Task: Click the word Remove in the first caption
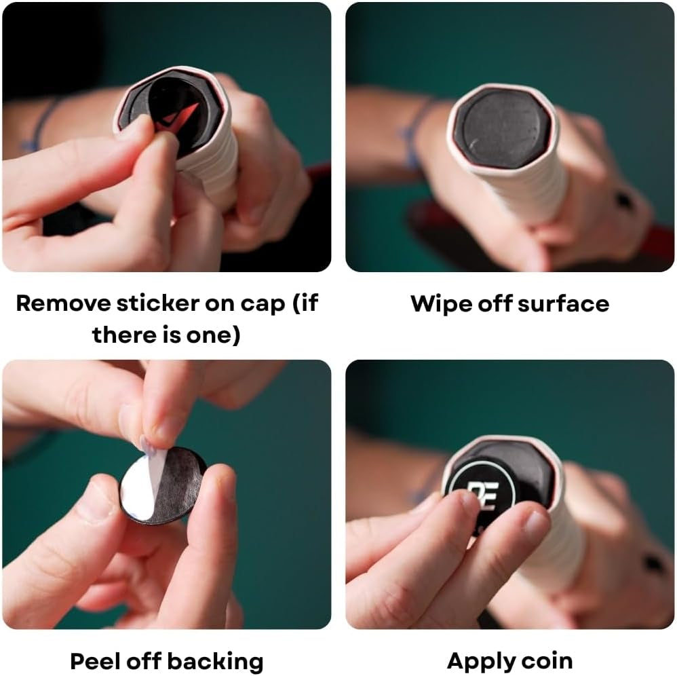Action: tap(64, 303)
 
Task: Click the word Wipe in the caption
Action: tap(440, 304)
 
